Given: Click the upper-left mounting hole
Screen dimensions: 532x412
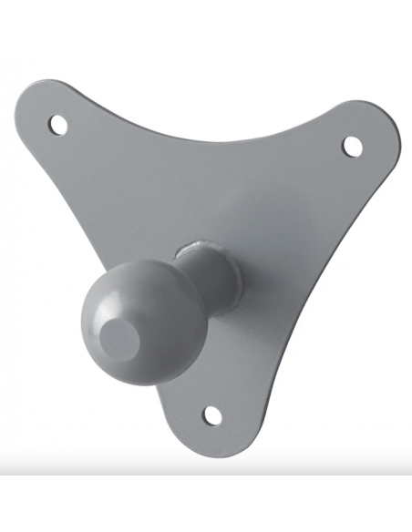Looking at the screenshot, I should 58,121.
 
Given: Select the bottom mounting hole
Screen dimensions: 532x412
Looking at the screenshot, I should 212,415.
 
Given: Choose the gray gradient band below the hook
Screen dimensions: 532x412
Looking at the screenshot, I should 206,474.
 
